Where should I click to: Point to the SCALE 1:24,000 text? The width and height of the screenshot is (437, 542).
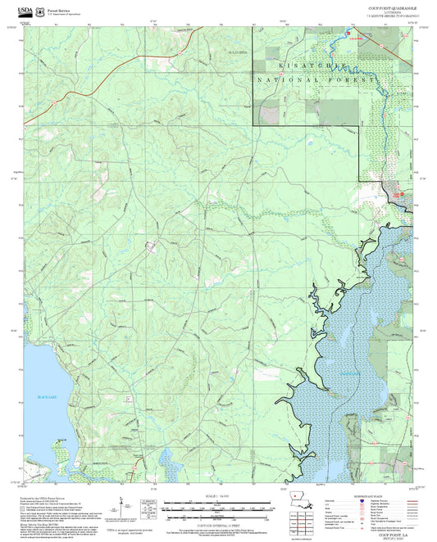217,496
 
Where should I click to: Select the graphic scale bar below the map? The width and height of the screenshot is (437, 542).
217,506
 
